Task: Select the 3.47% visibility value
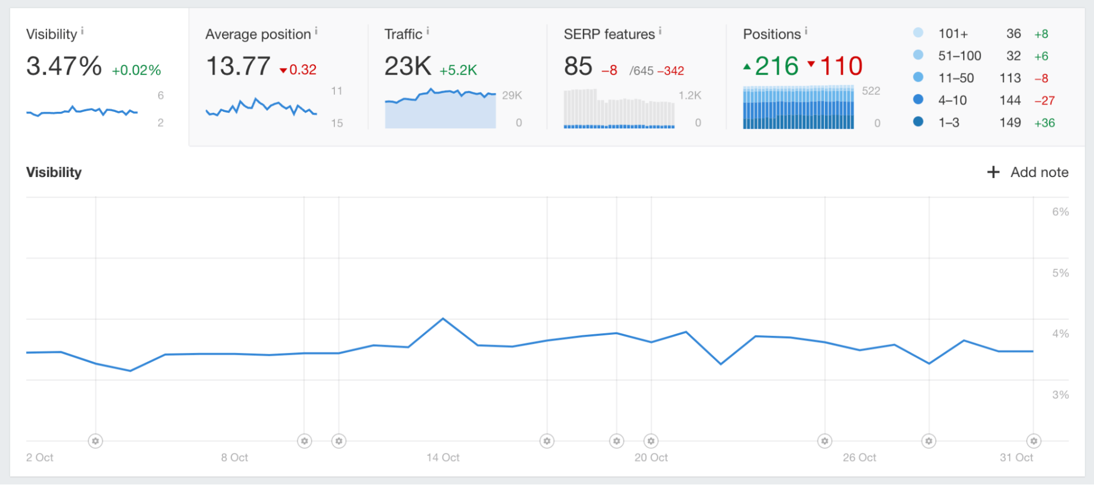64,66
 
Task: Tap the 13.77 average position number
238,66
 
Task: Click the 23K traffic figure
408,66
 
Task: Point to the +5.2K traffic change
458,70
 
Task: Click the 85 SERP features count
578,66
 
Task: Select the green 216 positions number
776,66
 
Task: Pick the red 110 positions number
841,66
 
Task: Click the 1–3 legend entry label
948,123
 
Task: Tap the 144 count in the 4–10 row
1010,100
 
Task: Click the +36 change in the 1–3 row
1044,123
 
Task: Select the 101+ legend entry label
953,34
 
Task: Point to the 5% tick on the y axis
1060,273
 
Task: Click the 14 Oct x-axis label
443,457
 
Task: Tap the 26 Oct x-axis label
859,457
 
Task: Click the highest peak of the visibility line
443,318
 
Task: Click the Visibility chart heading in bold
54,172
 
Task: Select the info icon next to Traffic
428,31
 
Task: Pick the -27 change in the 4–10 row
1044,100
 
